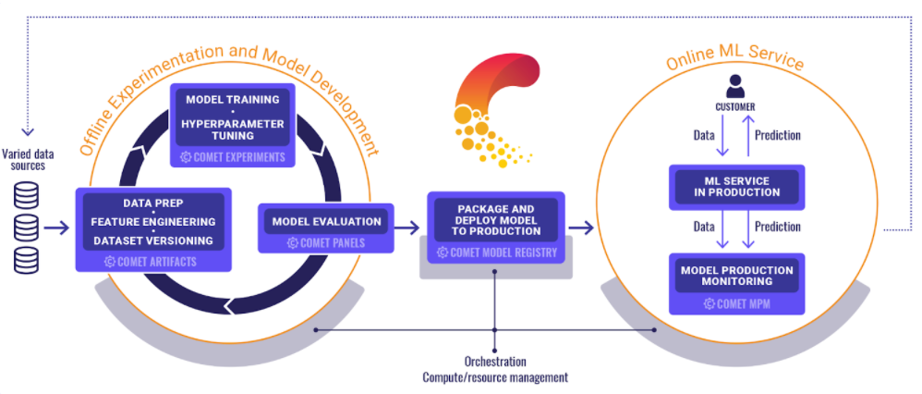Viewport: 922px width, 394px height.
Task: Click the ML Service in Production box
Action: (737, 187)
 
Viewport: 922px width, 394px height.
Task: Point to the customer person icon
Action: (735, 86)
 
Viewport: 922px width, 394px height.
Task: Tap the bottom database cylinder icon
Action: (27, 260)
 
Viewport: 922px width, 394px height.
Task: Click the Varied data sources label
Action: (28, 160)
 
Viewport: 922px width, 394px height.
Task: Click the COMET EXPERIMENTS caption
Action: (232, 157)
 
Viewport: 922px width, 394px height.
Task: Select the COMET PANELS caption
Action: (326, 242)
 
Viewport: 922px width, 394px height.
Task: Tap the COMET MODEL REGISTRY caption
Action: (496, 253)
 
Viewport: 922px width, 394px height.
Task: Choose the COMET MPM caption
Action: (737, 304)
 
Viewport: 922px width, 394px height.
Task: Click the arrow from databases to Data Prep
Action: (56, 228)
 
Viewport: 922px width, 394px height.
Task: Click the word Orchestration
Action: (495, 361)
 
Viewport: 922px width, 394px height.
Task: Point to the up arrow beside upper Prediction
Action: (747, 136)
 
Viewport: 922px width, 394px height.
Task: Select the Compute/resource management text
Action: (495, 377)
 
